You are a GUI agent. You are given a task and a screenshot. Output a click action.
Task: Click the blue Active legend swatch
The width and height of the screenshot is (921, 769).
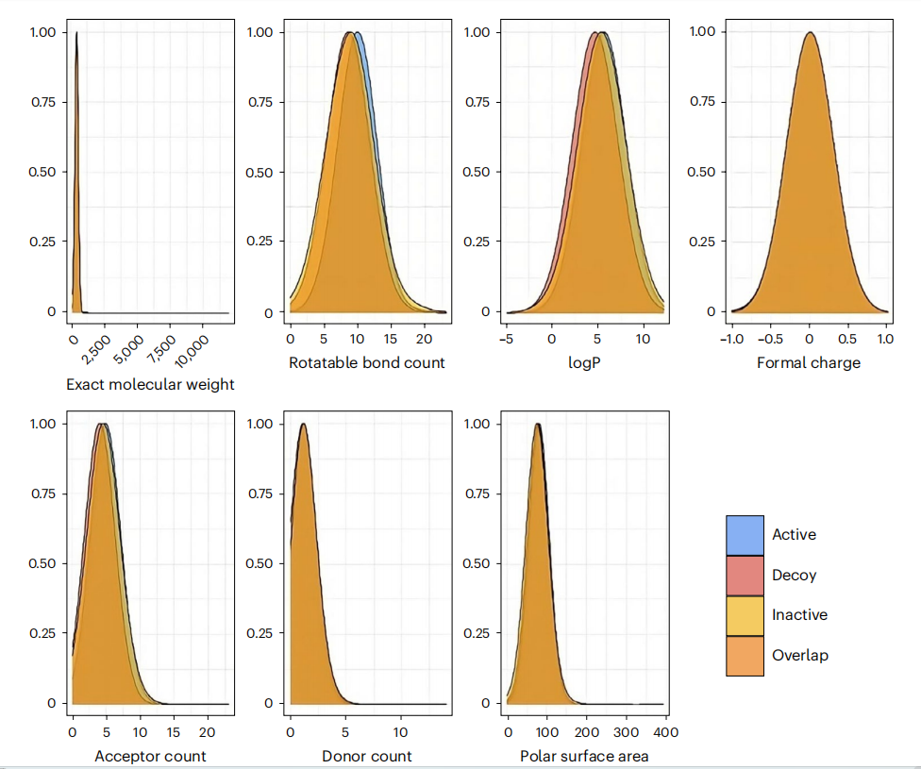[745, 535]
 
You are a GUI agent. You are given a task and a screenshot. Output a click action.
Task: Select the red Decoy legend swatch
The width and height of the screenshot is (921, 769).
[745, 576]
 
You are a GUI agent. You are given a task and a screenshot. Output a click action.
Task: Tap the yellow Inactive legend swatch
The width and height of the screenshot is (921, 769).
[745, 615]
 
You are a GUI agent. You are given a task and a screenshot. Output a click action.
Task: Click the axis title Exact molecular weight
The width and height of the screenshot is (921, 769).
[150, 384]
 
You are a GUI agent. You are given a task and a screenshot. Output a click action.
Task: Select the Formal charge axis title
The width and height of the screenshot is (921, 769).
[809, 362]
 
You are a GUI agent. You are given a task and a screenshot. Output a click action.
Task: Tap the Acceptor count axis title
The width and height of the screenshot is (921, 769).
[150, 756]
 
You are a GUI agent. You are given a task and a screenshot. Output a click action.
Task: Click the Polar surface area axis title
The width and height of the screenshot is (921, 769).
[584, 756]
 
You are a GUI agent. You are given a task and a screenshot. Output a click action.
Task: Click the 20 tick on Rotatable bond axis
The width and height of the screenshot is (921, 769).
[424, 338]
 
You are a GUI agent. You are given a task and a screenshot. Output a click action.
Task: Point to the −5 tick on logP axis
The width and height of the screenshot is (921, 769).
[507, 338]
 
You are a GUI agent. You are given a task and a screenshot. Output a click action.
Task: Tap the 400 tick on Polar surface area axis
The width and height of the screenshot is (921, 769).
[665, 731]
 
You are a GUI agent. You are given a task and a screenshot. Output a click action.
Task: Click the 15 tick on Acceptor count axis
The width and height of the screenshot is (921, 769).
[174, 731]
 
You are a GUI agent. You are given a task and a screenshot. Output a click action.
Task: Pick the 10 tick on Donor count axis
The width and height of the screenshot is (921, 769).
[400, 731]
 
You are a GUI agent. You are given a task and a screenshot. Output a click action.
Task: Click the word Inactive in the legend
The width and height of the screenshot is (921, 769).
[799, 615]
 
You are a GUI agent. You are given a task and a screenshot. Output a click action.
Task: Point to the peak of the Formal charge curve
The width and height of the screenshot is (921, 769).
[809, 33]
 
